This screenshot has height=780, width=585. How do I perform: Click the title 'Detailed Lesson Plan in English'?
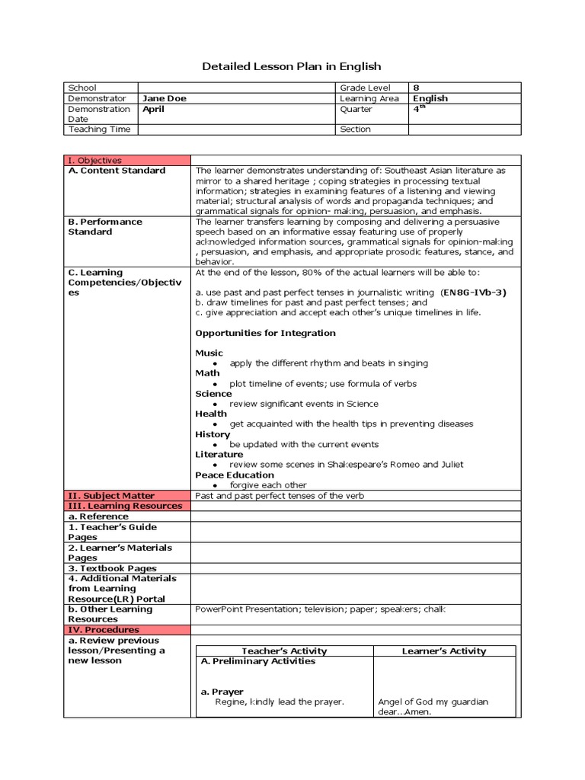(x=292, y=66)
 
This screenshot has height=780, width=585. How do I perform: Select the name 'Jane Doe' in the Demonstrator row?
(x=164, y=98)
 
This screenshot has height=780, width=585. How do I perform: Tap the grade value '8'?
(x=416, y=88)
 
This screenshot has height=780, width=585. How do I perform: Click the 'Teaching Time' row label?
(x=99, y=129)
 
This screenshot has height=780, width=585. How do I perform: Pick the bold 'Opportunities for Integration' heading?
(x=265, y=333)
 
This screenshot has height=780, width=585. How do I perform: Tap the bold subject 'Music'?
(x=209, y=353)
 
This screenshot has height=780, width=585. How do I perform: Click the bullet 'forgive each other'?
(x=268, y=484)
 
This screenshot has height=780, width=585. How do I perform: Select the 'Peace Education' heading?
(x=235, y=475)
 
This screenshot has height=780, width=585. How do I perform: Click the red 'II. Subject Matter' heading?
(x=111, y=495)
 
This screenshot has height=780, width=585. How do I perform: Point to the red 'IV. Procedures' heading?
(x=104, y=630)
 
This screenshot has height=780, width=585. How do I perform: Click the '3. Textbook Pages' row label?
(x=112, y=568)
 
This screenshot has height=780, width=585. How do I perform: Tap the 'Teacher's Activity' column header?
(x=284, y=651)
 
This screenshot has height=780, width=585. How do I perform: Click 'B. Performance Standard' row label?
(x=105, y=226)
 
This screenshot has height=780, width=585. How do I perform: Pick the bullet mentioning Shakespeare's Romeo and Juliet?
(x=346, y=464)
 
